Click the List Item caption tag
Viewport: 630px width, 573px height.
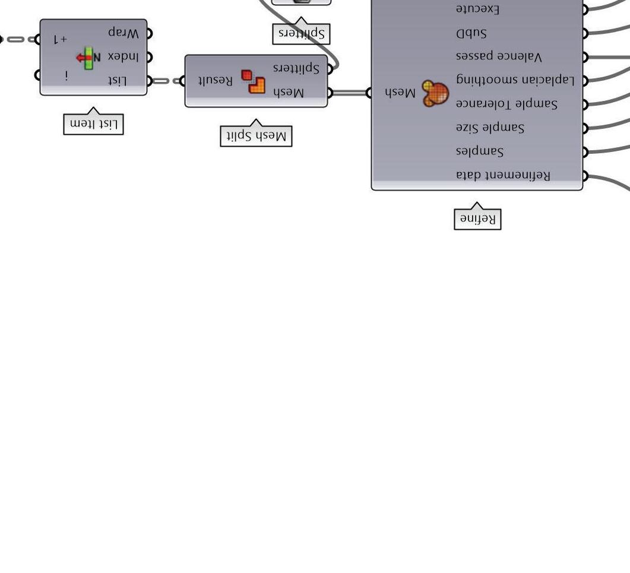93,124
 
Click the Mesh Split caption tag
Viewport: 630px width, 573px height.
256,136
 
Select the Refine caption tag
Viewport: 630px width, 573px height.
477,219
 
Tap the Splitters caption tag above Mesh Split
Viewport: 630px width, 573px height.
301,33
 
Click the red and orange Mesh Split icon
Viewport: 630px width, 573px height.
253,81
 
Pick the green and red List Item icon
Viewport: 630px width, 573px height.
88,58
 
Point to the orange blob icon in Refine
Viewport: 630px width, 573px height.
435,94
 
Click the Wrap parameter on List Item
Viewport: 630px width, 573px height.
124,33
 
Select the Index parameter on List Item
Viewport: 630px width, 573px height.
123,57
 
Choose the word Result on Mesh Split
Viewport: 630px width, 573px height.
216,81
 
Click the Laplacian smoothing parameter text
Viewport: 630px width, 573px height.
515,80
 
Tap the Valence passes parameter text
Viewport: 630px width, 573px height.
499,56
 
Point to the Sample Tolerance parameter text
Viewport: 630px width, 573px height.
506,104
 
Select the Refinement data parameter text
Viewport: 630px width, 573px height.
503,175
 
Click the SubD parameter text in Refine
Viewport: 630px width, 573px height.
471,33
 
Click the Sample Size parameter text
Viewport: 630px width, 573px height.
490,128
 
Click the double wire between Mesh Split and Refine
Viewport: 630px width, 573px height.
350,93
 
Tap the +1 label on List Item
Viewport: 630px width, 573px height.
60,39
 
